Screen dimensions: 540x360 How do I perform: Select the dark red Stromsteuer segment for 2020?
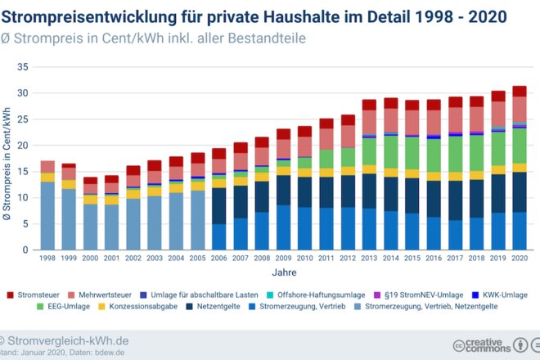point(520,92)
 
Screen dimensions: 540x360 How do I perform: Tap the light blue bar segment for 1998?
point(47,216)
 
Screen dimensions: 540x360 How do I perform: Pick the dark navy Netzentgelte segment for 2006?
point(219,206)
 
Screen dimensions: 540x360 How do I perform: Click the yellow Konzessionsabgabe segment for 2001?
point(112,200)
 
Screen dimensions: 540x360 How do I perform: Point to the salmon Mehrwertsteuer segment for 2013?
point(369,122)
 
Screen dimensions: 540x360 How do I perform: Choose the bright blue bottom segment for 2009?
point(283,227)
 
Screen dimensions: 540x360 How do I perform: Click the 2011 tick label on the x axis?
point(326,258)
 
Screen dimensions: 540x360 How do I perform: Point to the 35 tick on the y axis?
point(23,67)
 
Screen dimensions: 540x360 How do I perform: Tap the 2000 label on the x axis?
point(90,258)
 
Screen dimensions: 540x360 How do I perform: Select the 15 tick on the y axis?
point(23,172)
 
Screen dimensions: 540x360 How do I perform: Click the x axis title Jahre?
point(284,272)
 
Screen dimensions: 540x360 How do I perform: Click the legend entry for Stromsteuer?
point(34,295)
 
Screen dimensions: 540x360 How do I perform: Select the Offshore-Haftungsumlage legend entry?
point(316,295)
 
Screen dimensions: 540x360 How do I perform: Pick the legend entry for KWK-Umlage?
point(500,295)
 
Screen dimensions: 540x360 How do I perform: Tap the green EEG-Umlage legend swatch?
point(40,306)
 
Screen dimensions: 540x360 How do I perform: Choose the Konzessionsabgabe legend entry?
point(138,306)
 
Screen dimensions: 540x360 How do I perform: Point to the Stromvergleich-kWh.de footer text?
point(68,340)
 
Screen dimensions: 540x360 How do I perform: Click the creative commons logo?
point(482,345)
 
